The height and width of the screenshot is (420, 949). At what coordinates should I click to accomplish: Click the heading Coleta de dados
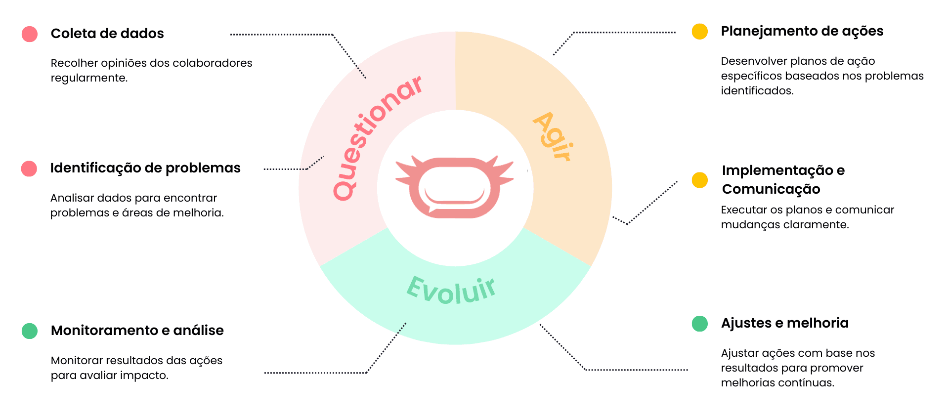(x=107, y=34)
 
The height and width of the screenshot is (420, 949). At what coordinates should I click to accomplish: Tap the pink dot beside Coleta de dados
(x=30, y=34)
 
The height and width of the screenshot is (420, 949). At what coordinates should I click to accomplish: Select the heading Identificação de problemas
(x=145, y=168)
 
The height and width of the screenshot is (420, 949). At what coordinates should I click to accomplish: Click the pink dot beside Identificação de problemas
(x=29, y=168)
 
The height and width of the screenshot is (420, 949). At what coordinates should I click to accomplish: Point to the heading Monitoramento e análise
(x=137, y=330)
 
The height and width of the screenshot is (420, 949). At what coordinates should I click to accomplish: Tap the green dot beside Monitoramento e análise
(x=30, y=331)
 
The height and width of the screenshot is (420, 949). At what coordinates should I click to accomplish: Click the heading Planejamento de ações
(x=802, y=31)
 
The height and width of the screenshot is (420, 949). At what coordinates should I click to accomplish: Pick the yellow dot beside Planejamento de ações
(x=699, y=32)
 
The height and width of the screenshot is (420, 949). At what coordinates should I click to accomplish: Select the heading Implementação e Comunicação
(x=783, y=179)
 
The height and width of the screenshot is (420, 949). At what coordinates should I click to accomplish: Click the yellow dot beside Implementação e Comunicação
(x=699, y=180)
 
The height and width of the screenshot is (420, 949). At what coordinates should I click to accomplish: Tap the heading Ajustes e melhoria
(x=784, y=323)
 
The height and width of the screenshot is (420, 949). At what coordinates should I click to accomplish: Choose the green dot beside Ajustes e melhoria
(x=699, y=324)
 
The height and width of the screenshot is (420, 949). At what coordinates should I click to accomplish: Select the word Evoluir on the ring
(x=451, y=290)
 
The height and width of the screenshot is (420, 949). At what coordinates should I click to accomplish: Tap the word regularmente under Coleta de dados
(x=89, y=78)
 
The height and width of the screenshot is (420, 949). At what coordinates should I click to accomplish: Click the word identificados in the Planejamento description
(x=757, y=91)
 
